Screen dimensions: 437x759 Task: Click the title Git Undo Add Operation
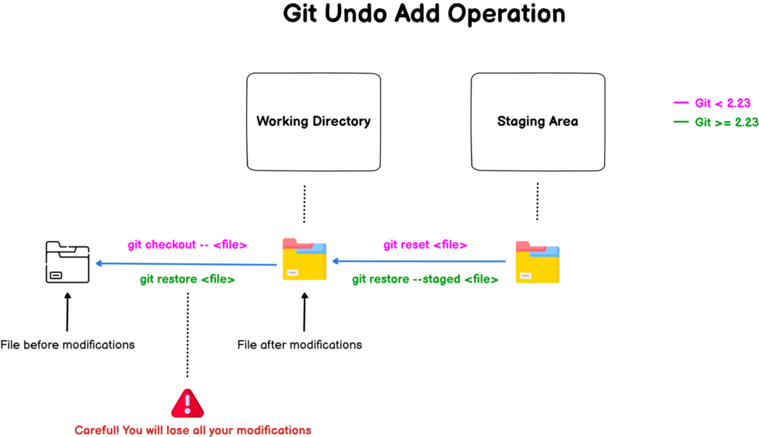pos(424,14)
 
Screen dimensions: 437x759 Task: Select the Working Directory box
pos(313,121)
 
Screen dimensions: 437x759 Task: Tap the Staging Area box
pos(537,121)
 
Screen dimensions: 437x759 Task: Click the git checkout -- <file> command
pos(187,244)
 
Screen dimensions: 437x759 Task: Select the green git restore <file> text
pos(187,280)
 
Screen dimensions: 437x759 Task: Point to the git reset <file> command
pos(425,244)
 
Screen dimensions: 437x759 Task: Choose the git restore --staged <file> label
pos(425,280)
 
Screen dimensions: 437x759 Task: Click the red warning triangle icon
pos(187,403)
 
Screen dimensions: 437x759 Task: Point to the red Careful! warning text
pos(193,430)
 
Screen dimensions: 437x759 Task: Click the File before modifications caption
pos(67,344)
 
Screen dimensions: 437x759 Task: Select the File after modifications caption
pos(299,344)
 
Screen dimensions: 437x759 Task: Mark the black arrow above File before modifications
pos(67,312)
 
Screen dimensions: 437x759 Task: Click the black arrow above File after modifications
pos(304,312)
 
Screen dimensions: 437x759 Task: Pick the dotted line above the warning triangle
pos(187,334)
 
